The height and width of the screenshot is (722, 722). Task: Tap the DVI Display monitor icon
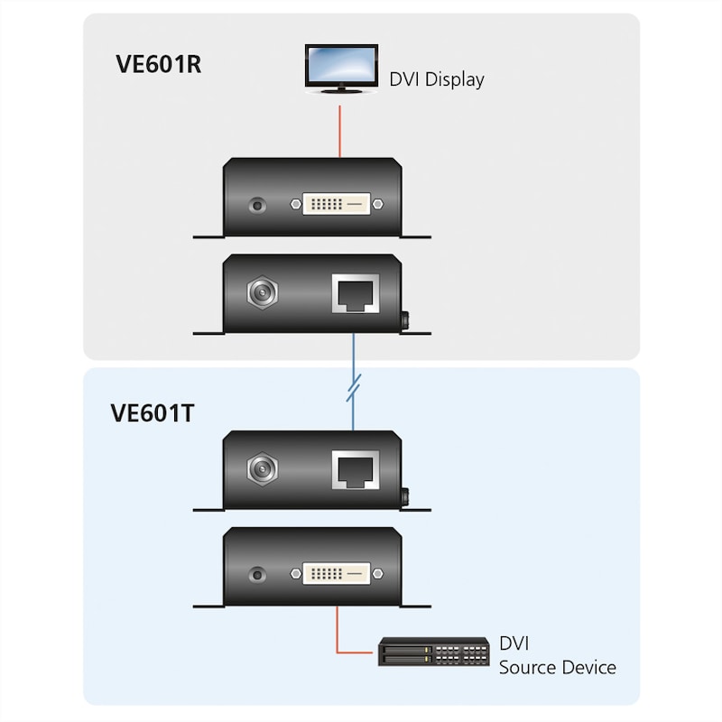coord(340,67)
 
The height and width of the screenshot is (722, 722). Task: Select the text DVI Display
coord(437,79)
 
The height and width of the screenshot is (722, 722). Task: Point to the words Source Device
coord(558,668)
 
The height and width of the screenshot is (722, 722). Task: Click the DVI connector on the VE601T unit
coord(330,572)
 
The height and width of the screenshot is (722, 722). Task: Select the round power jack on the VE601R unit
coord(262,292)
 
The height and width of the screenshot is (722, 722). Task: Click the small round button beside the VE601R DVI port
coord(260,205)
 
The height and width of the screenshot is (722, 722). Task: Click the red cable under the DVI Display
coord(340,131)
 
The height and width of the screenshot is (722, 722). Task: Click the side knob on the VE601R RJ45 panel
coord(406,320)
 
